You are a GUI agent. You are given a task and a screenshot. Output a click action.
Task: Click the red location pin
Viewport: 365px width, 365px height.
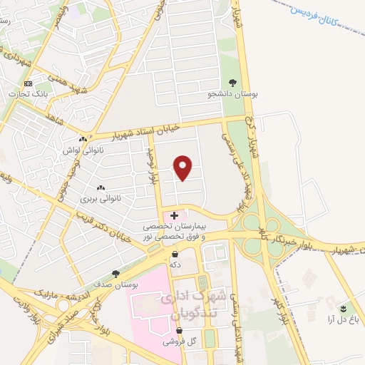(183, 168)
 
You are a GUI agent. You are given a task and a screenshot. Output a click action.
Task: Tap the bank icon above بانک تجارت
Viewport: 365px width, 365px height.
(29, 83)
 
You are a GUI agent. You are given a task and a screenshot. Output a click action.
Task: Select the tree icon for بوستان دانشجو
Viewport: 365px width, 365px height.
(232, 83)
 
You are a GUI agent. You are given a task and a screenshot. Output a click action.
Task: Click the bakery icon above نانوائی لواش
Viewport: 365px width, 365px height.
(84, 139)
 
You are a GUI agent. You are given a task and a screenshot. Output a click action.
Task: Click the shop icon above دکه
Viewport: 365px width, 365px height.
(175, 254)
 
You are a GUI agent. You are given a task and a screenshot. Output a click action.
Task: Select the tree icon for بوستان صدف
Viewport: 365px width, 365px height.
(115, 274)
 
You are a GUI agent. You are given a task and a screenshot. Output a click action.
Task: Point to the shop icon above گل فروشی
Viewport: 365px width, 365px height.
(179, 331)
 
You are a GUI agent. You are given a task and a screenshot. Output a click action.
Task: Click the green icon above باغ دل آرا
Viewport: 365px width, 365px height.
(343, 309)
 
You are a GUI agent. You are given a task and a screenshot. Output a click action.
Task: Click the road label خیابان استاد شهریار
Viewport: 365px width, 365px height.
(161, 128)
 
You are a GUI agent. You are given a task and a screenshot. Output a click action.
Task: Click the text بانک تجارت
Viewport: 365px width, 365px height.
(28, 93)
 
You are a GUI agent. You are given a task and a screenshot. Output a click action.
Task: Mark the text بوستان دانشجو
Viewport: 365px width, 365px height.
(232, 94)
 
